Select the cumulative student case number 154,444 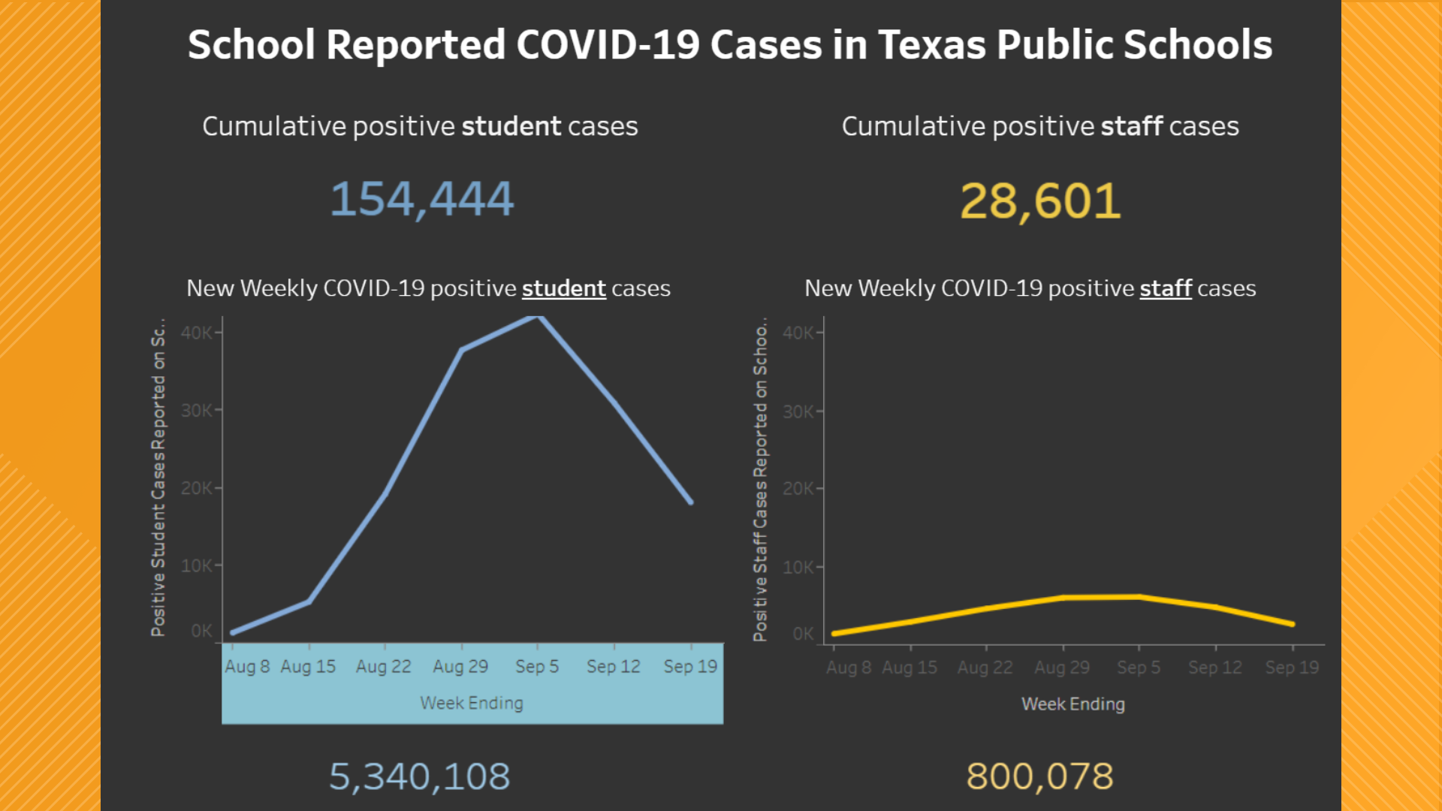point(421,200)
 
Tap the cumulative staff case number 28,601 point(1040,201)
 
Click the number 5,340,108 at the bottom point(419,776)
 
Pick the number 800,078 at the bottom point(1039,776)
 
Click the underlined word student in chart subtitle point(563,288)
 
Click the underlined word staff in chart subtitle point(1165,288)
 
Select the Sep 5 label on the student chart point(536,667)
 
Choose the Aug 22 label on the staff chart point(985,668)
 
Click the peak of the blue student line point(537,318)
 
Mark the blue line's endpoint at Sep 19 point(690,502)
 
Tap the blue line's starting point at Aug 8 point(234,632)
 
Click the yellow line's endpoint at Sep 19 point(1292,624)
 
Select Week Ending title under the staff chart point(1072,704)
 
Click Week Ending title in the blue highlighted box point(472,704)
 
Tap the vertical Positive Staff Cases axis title point(760,481)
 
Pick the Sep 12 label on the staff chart point(1214,668)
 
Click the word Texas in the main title point(931,45)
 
